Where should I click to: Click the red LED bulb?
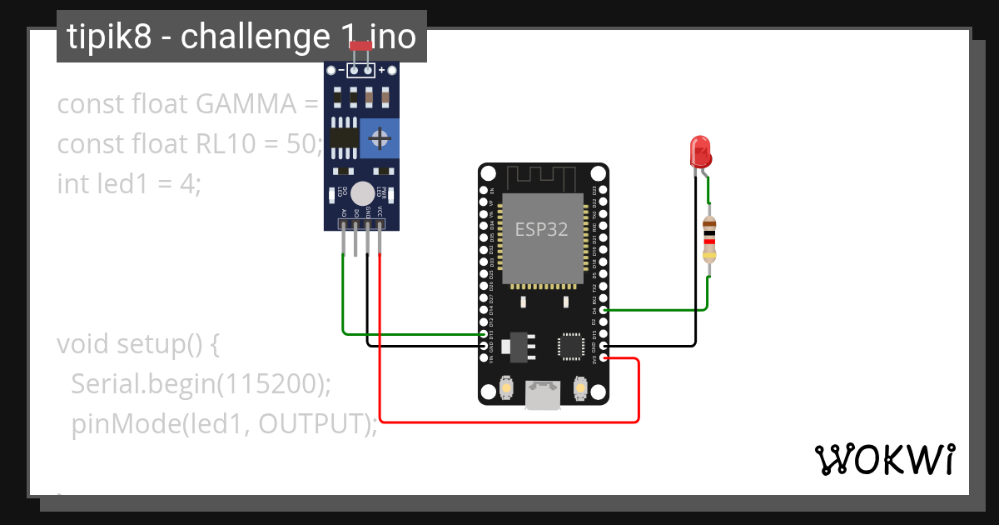pos(701,152)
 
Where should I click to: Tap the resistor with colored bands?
pos(708,240)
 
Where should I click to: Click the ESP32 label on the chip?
pos(541,229)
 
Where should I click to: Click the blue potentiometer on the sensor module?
pos(380,137)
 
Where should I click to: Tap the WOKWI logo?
pos(884,459)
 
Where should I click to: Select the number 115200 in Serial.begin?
pos(271,384)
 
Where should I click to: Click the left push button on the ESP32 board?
pos(505,388)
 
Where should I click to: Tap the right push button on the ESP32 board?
pos(581,388)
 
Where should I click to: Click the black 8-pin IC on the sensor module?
pos(343,137)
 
